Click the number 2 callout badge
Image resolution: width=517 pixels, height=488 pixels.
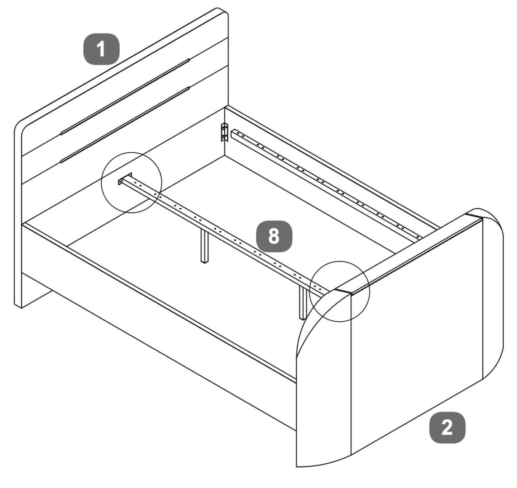(x=447, y=427)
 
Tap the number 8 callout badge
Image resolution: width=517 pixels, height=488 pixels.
(x=274, y=236)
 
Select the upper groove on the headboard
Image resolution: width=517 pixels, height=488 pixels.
(x=125, y=97)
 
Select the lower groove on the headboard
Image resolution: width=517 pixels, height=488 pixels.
(x=125, y=125)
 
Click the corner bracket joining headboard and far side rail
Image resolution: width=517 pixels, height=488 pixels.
(x=225, y=132)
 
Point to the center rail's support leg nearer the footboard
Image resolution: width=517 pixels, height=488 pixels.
(x=303, y=302)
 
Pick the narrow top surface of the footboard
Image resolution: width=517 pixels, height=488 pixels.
(x=409, y=252)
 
